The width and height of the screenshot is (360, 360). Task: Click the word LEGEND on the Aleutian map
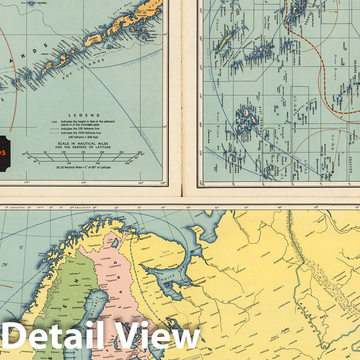(x=84, y=115)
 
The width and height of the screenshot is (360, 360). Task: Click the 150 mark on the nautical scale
(x=83, y=152)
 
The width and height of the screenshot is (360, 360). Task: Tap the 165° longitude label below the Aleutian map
(x=84, y=183)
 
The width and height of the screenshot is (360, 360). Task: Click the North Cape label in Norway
(x=102, y=215)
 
